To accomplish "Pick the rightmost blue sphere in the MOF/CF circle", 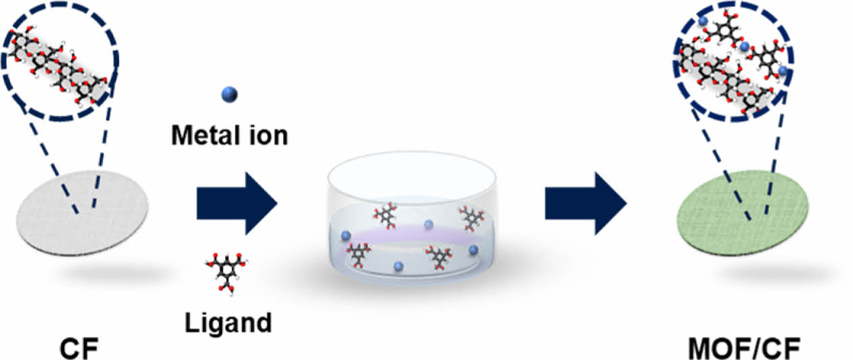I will [783, 70].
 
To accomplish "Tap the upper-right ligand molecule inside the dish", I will [472, 218].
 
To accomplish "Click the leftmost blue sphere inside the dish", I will [346, 235].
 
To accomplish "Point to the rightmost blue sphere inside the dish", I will [473, 250].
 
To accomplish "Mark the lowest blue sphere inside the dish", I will [399, 266].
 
